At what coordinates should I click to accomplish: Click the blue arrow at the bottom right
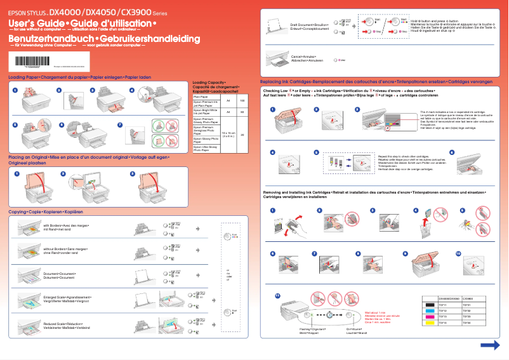click(x=490, y=345)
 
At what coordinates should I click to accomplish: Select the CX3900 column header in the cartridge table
click(x=470, y=298)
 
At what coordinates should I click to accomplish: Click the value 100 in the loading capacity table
click(x=242, y=101)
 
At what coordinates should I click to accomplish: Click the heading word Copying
click(x=18, y=211)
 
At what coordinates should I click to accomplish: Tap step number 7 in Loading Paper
click(x=121, y=125)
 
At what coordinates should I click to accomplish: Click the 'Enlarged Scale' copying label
click(x=58, y=297)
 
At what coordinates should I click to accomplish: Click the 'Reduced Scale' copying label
click(x=58, y=323)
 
